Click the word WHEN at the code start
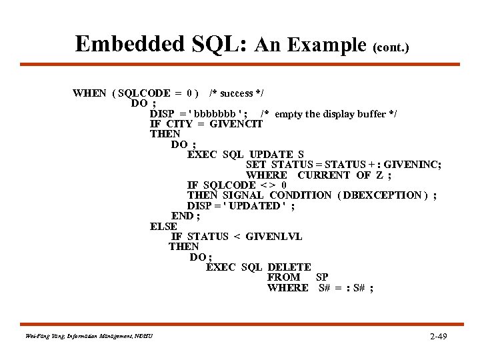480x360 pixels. [x=89, y=93]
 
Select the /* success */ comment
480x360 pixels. [x=241, y=93]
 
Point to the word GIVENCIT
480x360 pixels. [x=236, y=124]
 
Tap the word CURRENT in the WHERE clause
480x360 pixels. [x=324, y=175]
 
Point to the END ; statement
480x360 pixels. [x=186, y=215]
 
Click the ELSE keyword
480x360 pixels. [x=163, y=226]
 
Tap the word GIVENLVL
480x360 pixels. [x=274, y=236]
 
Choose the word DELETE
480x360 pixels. [x=289, y=267]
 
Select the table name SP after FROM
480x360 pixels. [x=322, y=277]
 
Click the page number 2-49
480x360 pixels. [x=439, y=336]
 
